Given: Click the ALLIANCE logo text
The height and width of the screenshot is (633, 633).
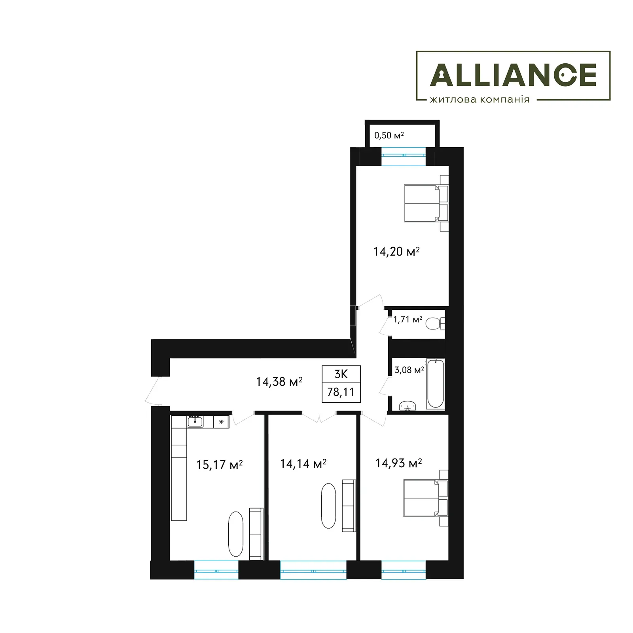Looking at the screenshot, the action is point(513,75).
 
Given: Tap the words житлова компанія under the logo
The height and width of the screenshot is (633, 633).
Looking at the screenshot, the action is point(479,99).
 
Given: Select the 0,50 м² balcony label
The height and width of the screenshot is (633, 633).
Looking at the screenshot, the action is point(389,135).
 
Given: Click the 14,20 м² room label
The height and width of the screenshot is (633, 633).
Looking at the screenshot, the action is point(396,251).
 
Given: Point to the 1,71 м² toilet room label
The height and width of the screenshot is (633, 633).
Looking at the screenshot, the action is point(407,319).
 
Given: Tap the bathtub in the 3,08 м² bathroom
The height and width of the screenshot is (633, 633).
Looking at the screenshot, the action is point(436,383).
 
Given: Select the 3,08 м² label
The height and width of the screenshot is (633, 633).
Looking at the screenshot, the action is point(409,370).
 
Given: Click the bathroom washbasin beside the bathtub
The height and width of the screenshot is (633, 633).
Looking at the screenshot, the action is point(408,406).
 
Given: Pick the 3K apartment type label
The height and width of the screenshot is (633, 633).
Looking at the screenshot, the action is point(341,374).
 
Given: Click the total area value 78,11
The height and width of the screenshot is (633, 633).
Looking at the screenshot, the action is point(341,392).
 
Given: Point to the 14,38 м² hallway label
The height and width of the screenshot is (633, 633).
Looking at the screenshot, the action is point(279,381).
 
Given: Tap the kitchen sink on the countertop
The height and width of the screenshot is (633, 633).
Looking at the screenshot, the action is point(195,422).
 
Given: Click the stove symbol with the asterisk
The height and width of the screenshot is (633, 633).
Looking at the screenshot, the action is point(221,422).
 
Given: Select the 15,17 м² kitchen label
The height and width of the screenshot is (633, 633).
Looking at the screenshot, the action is point(220,464).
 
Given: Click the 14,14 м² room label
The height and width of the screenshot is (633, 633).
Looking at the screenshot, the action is point(303,464).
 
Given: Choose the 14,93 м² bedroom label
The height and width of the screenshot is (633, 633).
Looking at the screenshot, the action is point(399,463).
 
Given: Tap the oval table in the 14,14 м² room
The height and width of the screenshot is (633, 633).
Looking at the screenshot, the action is point(328,506).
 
